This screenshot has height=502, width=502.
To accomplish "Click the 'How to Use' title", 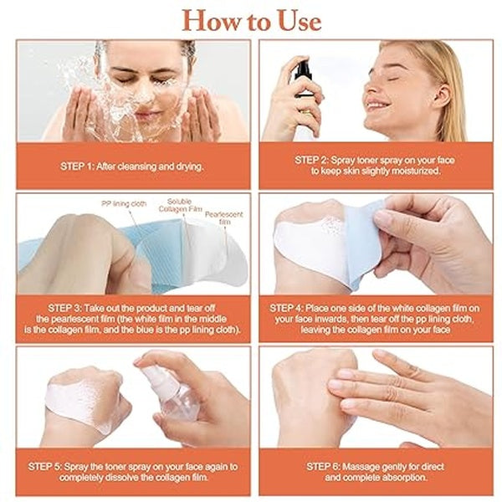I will pyautogui.click(x=251, y=19).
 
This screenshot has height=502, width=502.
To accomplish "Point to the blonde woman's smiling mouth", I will pyautogui.click(x=376, y=107).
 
